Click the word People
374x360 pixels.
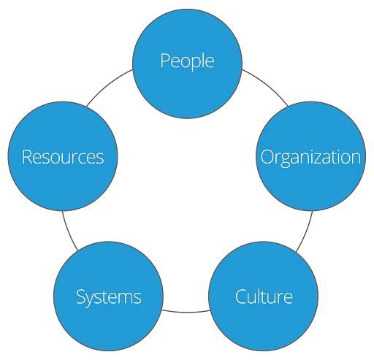tap(187, 61)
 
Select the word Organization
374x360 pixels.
tap(310, 157)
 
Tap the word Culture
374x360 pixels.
tap(264, 297)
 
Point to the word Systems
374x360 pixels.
tap(108, 297)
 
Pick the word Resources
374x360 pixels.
tap(63, 157)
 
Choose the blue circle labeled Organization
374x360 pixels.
tap(311, 183)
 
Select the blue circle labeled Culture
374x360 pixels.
tap(264, 321)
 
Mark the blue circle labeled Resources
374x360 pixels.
tap(63, 183)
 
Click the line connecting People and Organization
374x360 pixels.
tap(266, 86)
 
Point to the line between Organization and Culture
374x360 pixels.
tap(305, 231)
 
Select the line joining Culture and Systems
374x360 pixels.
tap(186, 313)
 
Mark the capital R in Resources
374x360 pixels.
tap(26, 157)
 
